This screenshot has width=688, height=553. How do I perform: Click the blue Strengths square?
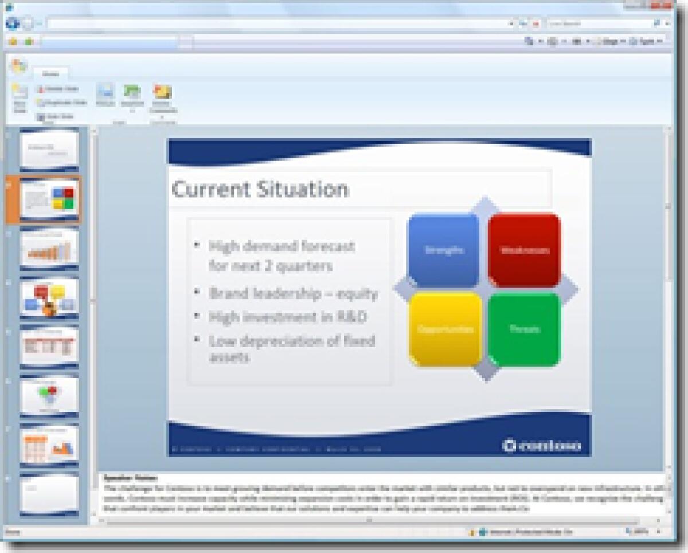click(443, 250)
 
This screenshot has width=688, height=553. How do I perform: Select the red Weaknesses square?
click(524, 250)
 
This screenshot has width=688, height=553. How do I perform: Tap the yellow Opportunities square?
click(445, 329)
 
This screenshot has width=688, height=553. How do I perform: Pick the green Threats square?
click(524, 329)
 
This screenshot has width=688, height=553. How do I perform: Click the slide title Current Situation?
click(260, 189)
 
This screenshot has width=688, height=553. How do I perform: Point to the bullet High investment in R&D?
click(287, 317)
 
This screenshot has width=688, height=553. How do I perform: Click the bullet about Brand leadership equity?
click(293, 294)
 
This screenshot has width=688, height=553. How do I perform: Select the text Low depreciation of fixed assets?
click(291, 348)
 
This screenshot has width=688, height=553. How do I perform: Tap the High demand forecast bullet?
click(282, 256)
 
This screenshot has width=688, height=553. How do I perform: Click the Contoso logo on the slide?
click(542, 445)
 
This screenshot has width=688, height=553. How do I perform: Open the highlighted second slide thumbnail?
click(50, 199)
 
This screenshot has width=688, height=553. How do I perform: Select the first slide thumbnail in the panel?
click(49, 150)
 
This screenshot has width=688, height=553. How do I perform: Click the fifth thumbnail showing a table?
click(49, 347)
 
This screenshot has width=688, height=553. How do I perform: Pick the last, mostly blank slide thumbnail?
click(49, 494)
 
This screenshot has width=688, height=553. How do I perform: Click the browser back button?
click(13, 24)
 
